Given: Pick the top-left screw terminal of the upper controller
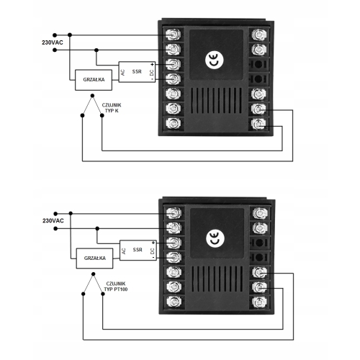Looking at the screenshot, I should pos(174,34).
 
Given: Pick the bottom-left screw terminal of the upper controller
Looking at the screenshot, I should pos(174,123).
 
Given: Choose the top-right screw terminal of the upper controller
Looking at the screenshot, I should pos(257,33).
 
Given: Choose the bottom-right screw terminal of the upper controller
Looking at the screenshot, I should pos(258,124).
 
